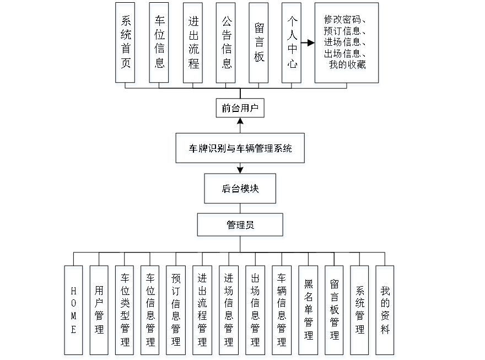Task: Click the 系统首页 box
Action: [x=126, y=42]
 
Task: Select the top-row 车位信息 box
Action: [x=159, y=42]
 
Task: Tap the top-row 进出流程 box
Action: [x=192, y=42]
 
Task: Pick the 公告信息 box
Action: [x=225, y=42]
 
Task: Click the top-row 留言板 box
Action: [x=258, y=42]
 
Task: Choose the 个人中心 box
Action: [x=291, y=42]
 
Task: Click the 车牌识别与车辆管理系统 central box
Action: [x=240, y=148]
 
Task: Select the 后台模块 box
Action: [x=240, y=189]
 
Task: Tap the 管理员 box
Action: [x=240, y=225]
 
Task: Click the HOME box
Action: [x=73, y=310]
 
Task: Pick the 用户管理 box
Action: [x=99, y=310]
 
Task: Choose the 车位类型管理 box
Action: [x=125, y=310]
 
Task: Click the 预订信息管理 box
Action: [x=176, y=310]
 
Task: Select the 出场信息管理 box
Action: [x=255, y=310]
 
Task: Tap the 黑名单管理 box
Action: [x=308, y=310]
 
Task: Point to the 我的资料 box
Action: [x=385, y=310]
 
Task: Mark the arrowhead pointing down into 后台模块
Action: [x=240, y=170]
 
